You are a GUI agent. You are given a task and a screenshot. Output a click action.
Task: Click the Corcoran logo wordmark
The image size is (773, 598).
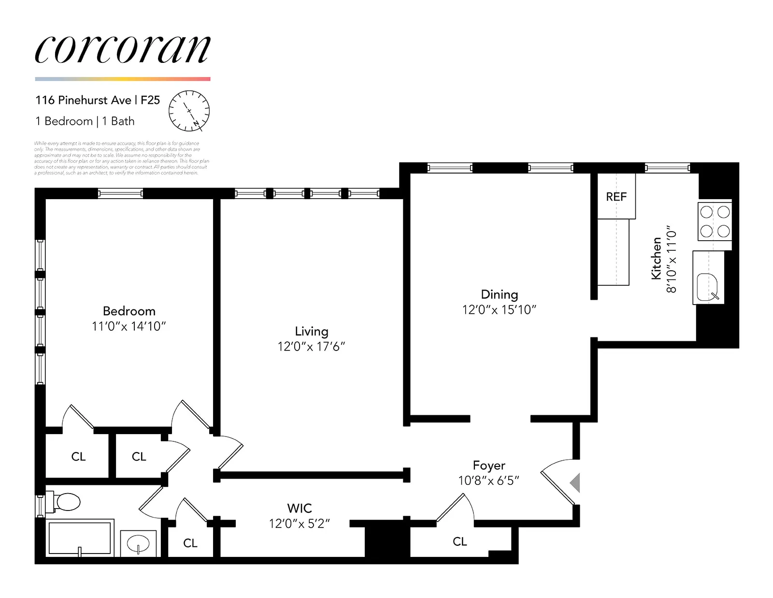123,50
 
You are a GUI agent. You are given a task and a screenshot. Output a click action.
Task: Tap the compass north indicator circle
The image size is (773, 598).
189,111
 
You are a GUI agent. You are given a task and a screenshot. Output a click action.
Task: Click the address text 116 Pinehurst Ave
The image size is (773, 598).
83,100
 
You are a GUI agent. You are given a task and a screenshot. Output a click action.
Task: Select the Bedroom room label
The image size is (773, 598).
129,311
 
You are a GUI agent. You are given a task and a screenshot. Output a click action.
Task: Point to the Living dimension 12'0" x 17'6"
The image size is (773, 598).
311,346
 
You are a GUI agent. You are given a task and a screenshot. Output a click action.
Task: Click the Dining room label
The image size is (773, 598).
499,294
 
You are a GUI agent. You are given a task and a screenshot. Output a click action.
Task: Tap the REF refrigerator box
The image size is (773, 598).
616,196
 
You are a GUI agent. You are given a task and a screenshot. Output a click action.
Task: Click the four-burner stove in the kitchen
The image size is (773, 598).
715,221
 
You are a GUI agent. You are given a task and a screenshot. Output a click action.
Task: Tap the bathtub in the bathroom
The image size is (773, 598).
80,538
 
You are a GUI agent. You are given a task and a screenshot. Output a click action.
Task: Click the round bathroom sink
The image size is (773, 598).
138,544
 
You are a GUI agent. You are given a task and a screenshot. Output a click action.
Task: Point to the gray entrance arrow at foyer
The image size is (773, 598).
575,482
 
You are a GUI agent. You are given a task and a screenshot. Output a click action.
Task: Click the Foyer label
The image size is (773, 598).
489,465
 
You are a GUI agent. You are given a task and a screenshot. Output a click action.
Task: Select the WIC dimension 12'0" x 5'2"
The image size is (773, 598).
300,524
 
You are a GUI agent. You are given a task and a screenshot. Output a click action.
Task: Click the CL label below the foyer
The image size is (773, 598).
460,541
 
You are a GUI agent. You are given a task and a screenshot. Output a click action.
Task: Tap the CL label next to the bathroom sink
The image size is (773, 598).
190,543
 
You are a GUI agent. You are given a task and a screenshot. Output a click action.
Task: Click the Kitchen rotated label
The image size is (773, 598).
656,258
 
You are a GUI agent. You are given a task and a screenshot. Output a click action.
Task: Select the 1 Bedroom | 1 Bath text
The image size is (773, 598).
85,121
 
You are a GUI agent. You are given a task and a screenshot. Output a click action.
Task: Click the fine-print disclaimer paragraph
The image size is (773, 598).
121,158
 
